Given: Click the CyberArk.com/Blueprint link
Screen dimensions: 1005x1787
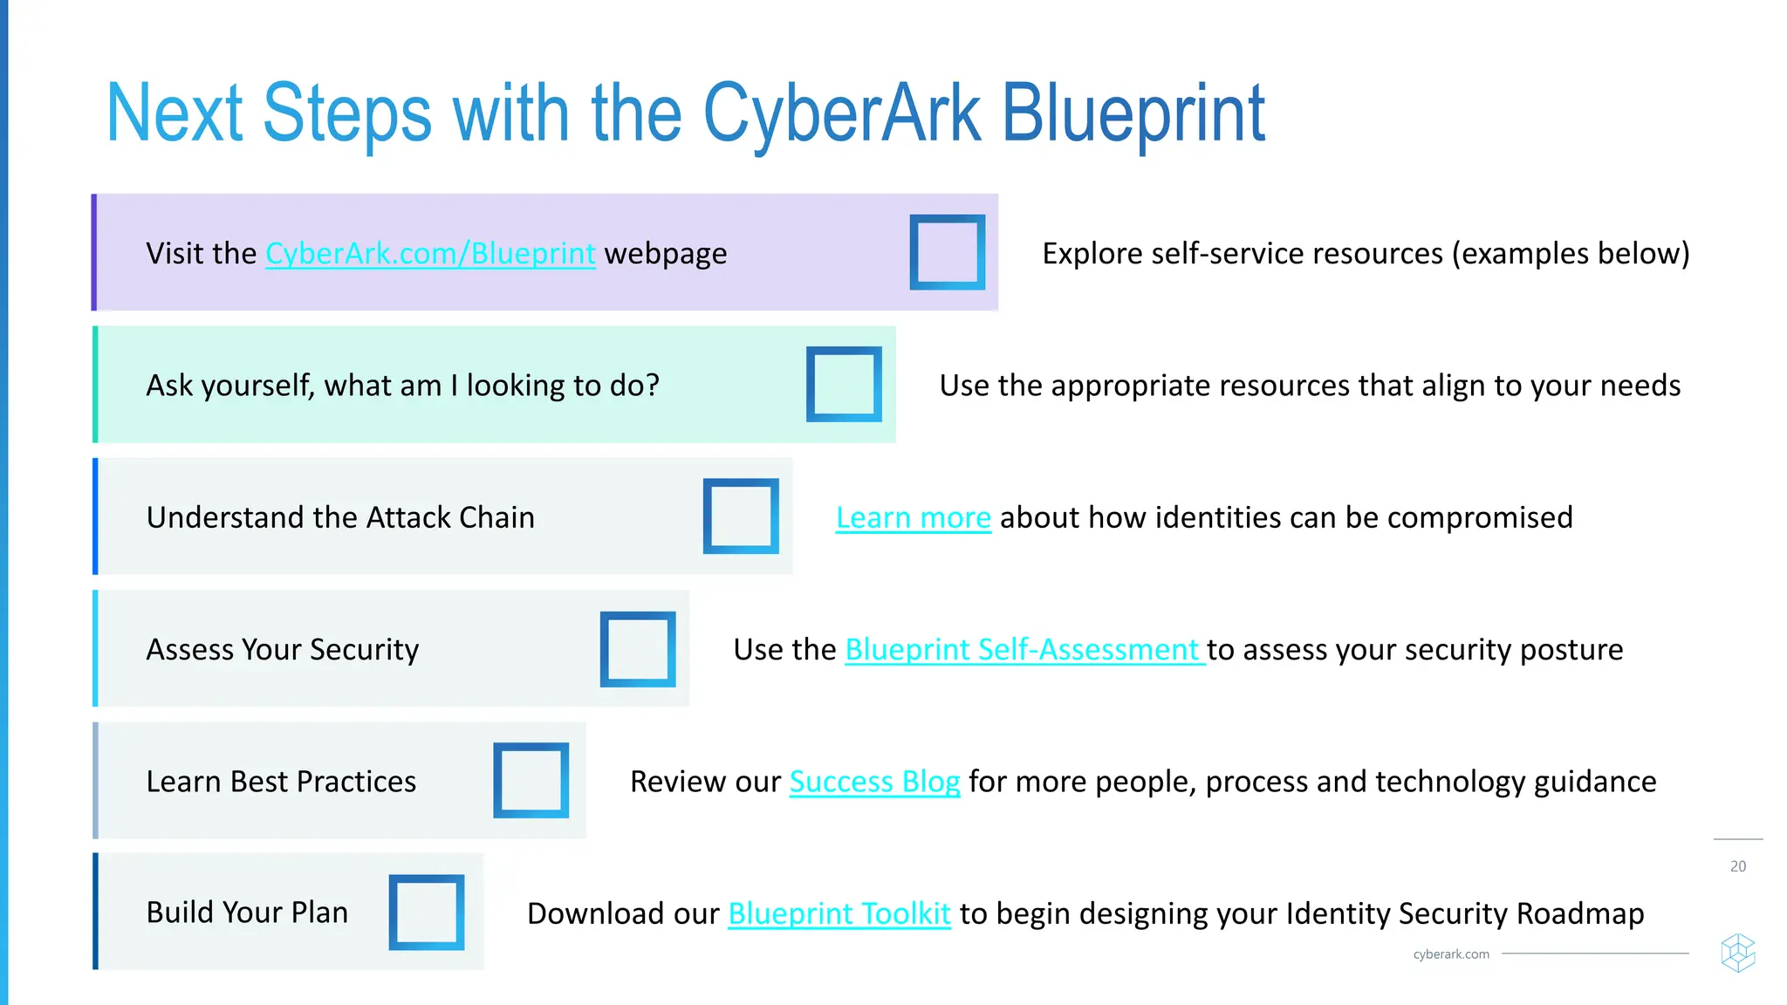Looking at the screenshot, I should [430, 254].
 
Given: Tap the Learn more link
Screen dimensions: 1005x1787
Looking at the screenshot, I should [913, 518].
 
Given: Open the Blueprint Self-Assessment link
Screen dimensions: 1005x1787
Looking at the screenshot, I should [1024, 650].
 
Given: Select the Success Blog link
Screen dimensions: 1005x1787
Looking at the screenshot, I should [874, 782].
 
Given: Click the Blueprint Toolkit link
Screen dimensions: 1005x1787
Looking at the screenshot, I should [839, 913].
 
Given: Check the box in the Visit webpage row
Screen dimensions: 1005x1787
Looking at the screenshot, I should [947, 252].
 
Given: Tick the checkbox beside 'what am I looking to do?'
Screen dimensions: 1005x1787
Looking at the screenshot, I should [844, 385].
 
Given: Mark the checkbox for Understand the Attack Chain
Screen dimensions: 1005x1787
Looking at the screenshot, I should [741, 516].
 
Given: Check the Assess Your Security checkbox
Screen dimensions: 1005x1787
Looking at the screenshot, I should [638, 649].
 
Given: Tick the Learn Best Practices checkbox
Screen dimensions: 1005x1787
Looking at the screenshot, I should [531, 781].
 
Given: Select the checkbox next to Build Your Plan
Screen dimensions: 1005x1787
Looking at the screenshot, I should [427, 913].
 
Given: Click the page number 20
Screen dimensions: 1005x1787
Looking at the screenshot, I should [1738, 866].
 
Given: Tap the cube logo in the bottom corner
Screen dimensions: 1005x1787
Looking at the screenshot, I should [1737, 953].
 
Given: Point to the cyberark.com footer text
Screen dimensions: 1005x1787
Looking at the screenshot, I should [1451, 954].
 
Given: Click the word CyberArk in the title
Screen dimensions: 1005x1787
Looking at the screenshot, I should [842, 113].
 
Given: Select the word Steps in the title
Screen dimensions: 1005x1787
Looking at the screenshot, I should [346, 113].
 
